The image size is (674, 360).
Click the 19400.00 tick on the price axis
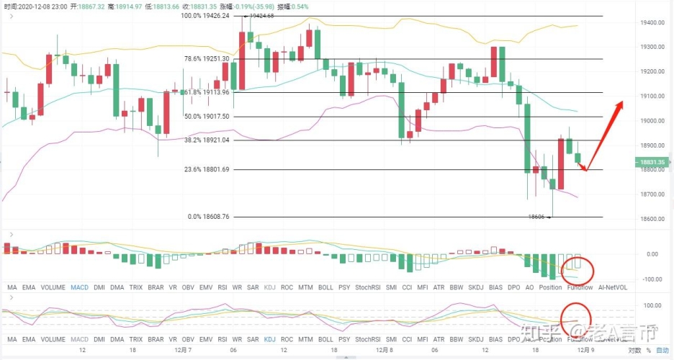(650, 23)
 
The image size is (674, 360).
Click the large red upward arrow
(603, 135)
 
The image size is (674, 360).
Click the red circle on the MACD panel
(578, 270)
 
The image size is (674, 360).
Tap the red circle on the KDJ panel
(576, 317)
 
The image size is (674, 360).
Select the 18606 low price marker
(537, 216)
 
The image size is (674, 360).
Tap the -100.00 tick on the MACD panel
(650, 279)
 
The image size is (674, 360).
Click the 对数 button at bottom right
(634, 351)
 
